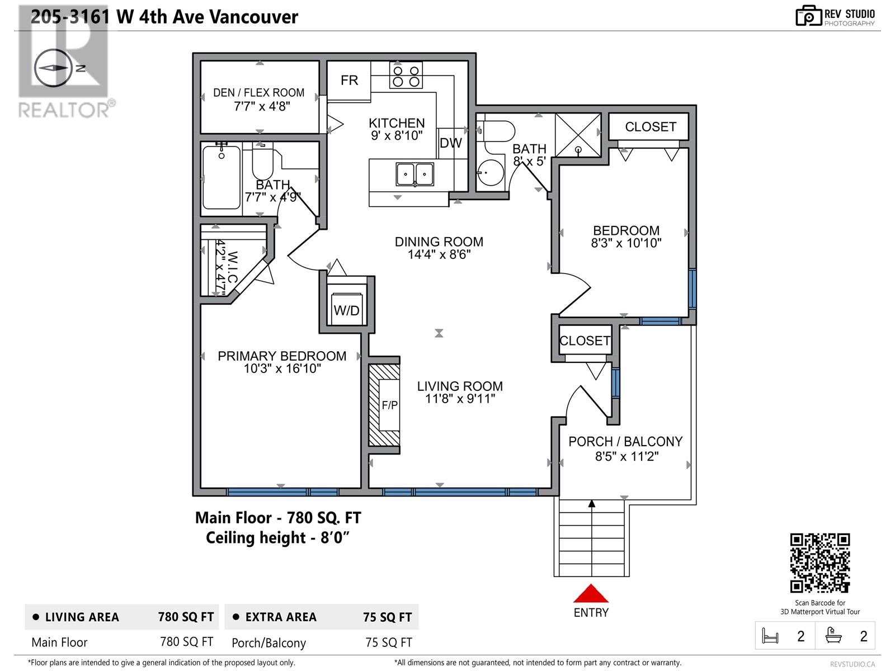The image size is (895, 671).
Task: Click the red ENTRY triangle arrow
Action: click(x=591, y=593)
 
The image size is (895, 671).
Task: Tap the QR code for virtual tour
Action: click(x=820, y=563)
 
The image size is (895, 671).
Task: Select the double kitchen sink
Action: click(x=415, y=174)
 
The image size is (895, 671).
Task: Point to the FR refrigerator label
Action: click(x=349, y=81)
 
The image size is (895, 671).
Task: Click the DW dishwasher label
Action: click(x=451, y=143)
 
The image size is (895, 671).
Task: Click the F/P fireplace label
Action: click(x=390, y=405)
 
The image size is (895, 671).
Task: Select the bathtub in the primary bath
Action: click(x=222, y=178)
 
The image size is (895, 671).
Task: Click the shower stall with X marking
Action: click(x=578, y=135)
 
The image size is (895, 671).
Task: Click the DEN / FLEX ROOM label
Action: click(x=259, y=93)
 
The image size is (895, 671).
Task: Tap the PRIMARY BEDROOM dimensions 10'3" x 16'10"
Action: click(x=282, y=369)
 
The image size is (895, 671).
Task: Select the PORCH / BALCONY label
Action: click(x=625, y=442)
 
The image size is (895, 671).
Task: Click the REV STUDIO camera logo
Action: click(x=808, y=16)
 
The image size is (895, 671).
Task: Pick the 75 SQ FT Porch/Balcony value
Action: click(x=389, y=642)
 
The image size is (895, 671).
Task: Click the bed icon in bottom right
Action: click(x=770, y=636)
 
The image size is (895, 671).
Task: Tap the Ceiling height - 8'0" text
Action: click(x=277, y=538)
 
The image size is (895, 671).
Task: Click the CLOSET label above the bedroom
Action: click(x=651, y=127)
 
